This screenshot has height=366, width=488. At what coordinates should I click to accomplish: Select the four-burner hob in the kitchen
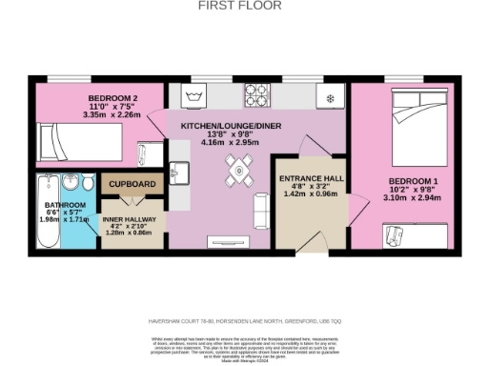(x=257, y=96)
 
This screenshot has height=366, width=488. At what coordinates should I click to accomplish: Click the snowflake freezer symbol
(x=331, y=98)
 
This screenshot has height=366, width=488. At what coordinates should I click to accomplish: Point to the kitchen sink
(x=177, y=172)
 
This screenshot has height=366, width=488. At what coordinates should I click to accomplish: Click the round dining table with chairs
(x=237, y=173)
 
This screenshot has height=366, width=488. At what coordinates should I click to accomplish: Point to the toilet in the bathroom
(x=88, y=185)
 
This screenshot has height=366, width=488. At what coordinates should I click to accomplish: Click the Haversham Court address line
(x=244, y=321)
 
